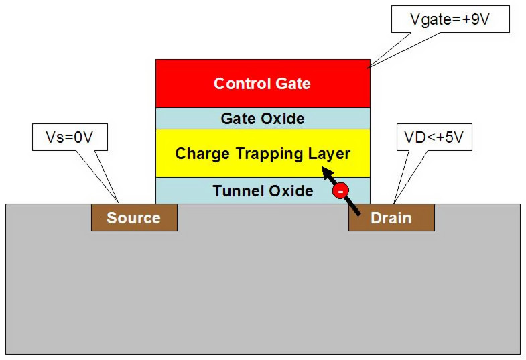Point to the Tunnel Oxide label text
tap(263, 191)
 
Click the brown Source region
tap(134, 218)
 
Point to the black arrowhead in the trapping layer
tap(328, 174)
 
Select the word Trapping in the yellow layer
tap(264, 154)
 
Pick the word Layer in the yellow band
tap(329, 154)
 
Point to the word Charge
tap(199, 154)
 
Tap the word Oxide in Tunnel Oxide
tap(289, 191)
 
